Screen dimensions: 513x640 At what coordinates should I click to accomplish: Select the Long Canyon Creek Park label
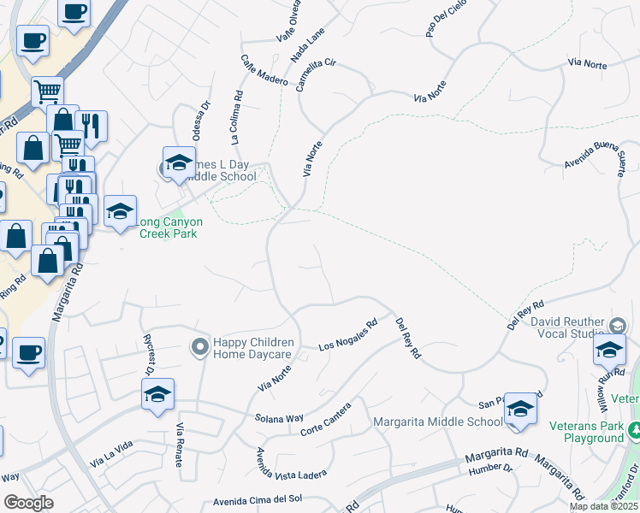[170, 227]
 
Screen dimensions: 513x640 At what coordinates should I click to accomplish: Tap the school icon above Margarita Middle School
[520, 410]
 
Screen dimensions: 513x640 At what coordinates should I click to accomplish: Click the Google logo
[28, 503]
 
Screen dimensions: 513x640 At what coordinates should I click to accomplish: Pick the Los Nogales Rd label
[348, 336]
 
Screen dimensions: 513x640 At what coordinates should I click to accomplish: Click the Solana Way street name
[279, 418]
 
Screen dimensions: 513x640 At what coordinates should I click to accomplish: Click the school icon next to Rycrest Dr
[158, 395]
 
